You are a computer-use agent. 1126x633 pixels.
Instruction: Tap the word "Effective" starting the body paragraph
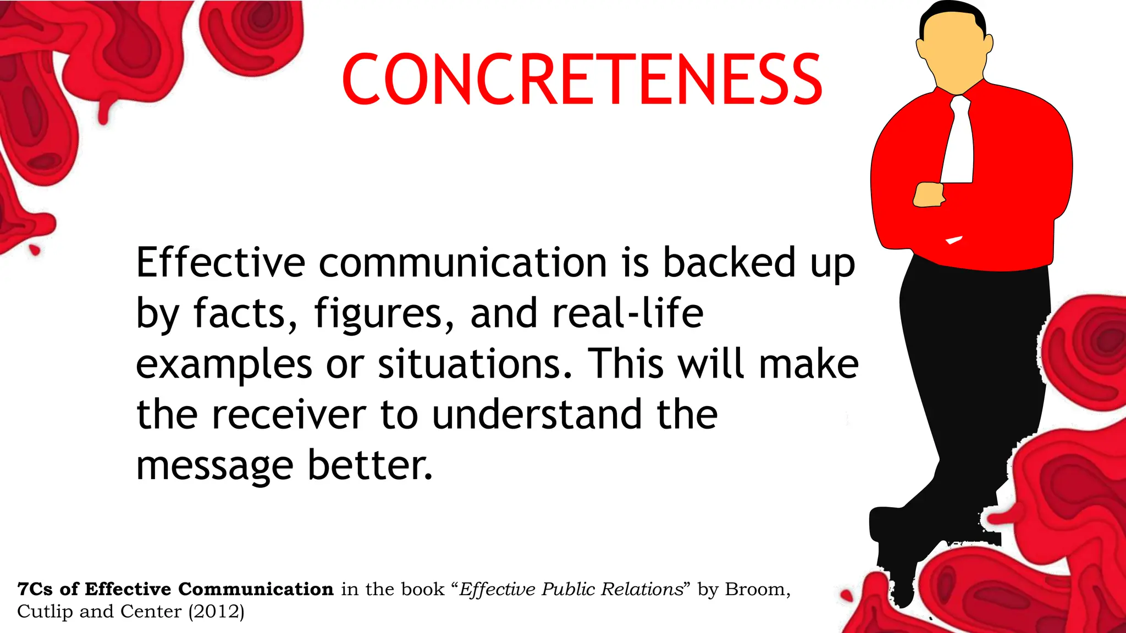pos(220,263)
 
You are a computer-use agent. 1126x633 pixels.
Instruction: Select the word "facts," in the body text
pos(245,314)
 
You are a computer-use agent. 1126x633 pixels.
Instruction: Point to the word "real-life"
pos(627,314)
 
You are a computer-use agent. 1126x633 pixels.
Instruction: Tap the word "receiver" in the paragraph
pos(289,415)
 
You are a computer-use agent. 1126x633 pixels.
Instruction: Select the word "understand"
pos(537,415)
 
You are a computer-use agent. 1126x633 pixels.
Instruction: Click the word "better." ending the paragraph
pos(370,465)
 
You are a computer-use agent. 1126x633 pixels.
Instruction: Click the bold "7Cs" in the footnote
pos(35,589)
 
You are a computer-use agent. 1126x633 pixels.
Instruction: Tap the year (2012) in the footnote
pos(216,612)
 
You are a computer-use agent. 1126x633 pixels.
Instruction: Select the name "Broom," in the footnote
pos(758,590)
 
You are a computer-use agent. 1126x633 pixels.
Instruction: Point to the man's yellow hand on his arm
pos(929,195)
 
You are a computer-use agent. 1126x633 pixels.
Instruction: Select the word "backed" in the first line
pos(729,263)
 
